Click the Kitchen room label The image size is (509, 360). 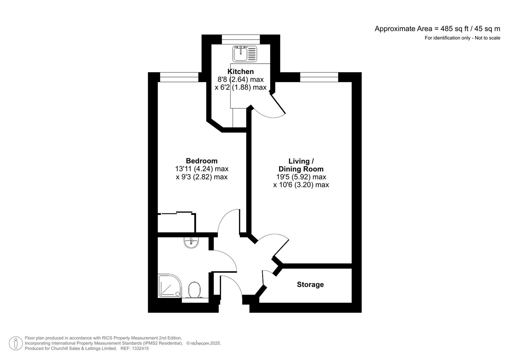click(240, 71)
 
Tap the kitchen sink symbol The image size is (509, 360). click(245, 54)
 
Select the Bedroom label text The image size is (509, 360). click(201, 161)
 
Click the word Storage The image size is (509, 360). click(310, 284)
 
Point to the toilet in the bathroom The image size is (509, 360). click(194, 290)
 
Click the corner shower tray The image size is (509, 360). click(169, 286)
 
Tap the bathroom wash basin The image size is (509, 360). click(191, 242)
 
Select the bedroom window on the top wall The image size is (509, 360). click(179, 77)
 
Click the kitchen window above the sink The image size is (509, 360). click(241, 39)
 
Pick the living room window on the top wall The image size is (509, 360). click(319, 77)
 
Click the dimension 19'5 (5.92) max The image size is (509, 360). click(299, 177)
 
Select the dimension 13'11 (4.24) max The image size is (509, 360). click(202, 169)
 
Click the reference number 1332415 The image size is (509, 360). click(140, 348)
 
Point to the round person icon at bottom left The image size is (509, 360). click(16, 343)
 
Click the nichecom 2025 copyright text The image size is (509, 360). click(203, 343)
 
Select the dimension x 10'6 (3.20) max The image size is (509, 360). click(301, 185)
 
